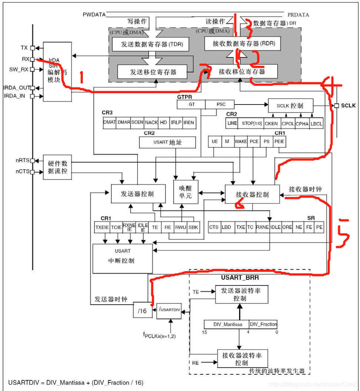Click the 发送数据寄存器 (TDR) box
(150, 45)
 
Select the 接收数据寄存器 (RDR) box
(242, 44)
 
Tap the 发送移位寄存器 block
(152, 72)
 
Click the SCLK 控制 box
(290, 106)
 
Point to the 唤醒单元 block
(186, 192)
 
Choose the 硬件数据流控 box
(57, 167)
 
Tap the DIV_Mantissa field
(227, 324)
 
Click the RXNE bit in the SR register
(262, 227)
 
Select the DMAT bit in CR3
(110, 123)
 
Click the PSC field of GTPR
(220, 105)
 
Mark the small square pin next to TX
(33, 48)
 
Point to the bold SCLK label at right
(349, 106)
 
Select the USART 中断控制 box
(122, 258)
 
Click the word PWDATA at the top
(94, 15)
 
